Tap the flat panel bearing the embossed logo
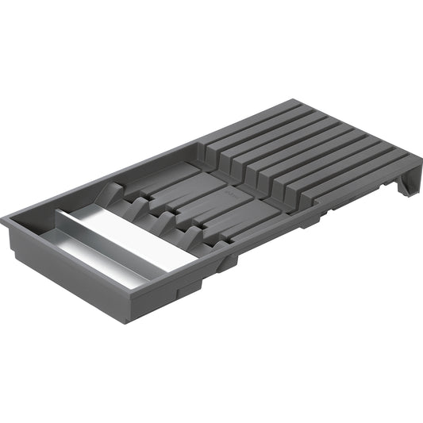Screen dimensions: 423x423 tap(238, 194)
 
